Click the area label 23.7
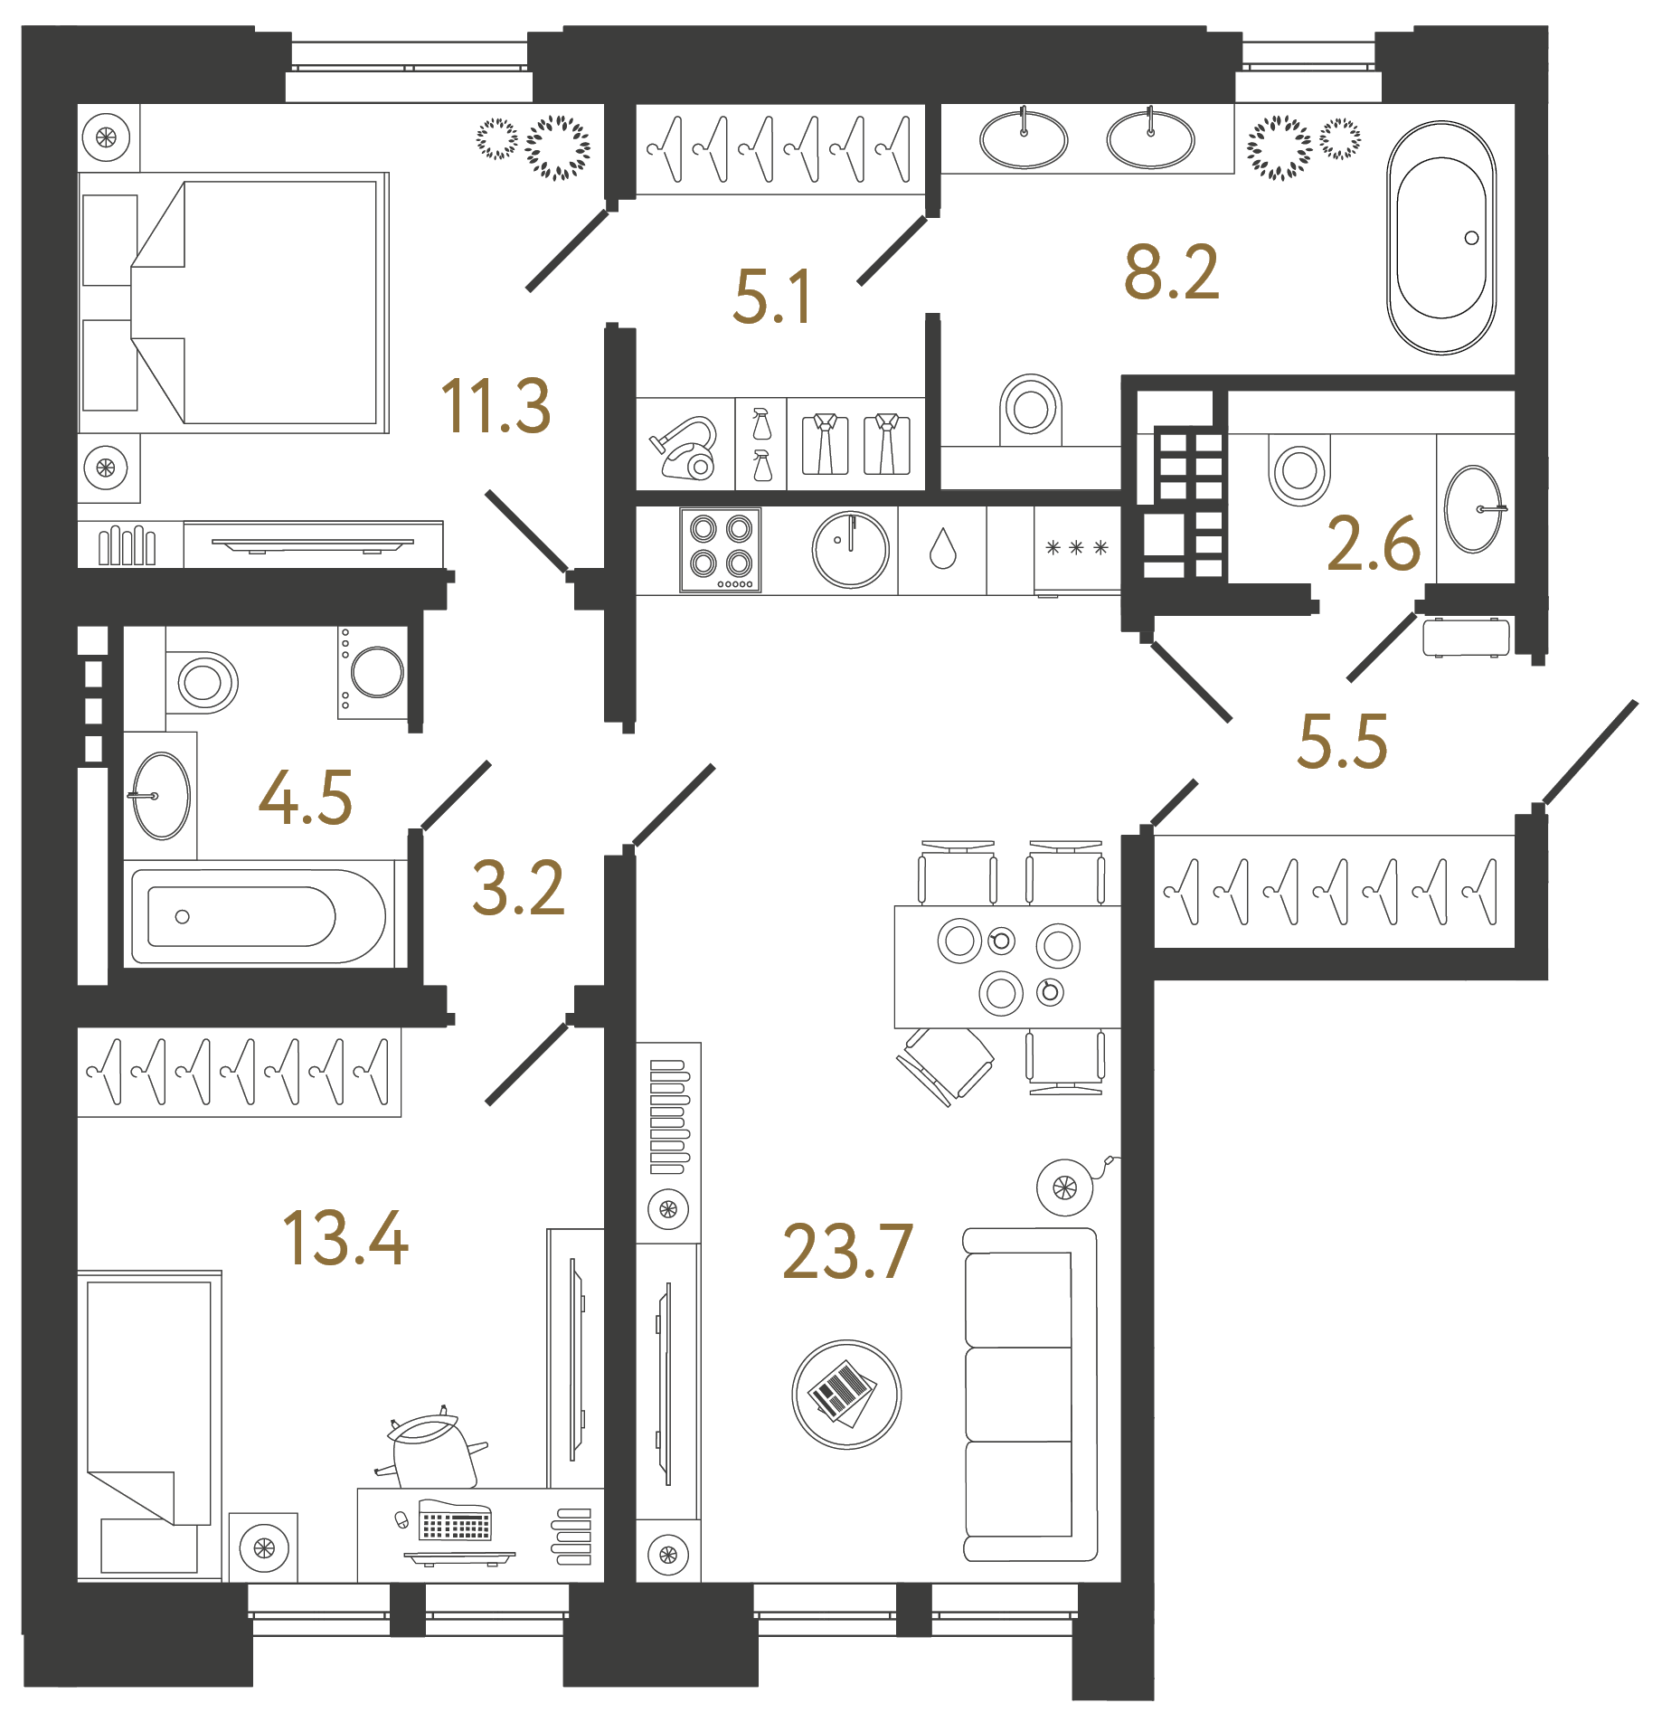click(x=847, y=1253)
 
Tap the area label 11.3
click(x=496, y=407)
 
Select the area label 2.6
click(x=1373, y=544)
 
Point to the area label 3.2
click(x=518, y=889)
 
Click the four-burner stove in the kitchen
click(x=721, y=549)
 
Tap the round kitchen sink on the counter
click(x=851, y=549)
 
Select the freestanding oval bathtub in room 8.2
click(x=1441, y=238)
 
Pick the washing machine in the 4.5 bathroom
click(x=375, y=673)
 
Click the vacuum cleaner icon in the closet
click(x=685, y=448)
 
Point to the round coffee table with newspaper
click(x=846, y=1395)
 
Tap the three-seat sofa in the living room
click(x=1028, y=1395)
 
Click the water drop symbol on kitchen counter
click(x=942, y=549)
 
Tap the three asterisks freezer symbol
click(x=1076, y=548)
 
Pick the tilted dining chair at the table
click(x=945, y=1065)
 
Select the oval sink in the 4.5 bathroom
click(x=161, y=796)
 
